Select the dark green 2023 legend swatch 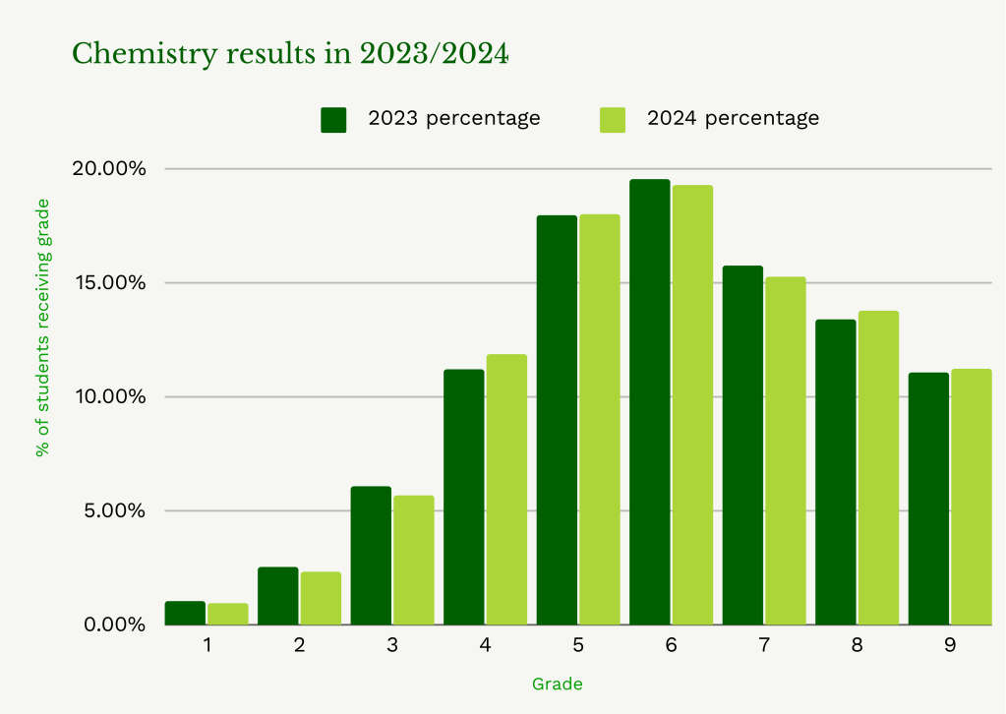(x=334, y=119)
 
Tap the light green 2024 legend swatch (x=613, y=119)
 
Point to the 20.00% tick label (x=108, y=168)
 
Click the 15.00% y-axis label (x=108, y=283)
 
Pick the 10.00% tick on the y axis (x=108, y=397)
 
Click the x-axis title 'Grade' (x=557, y=684)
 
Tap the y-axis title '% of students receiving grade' (x=42, y=327)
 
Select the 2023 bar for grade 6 (x=650, y=402)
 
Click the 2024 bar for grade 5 (x=600, y=420)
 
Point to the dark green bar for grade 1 (x=185, y=614)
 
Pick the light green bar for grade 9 (x=972, y=497)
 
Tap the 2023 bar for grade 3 (x=371, y=556)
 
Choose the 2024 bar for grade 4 (x=506, y=490)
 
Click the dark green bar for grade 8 (x=836, y=472)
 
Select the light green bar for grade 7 (x=786, y=451)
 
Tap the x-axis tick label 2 (x=299, y=646)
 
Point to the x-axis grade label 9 (x=949, y=646)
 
